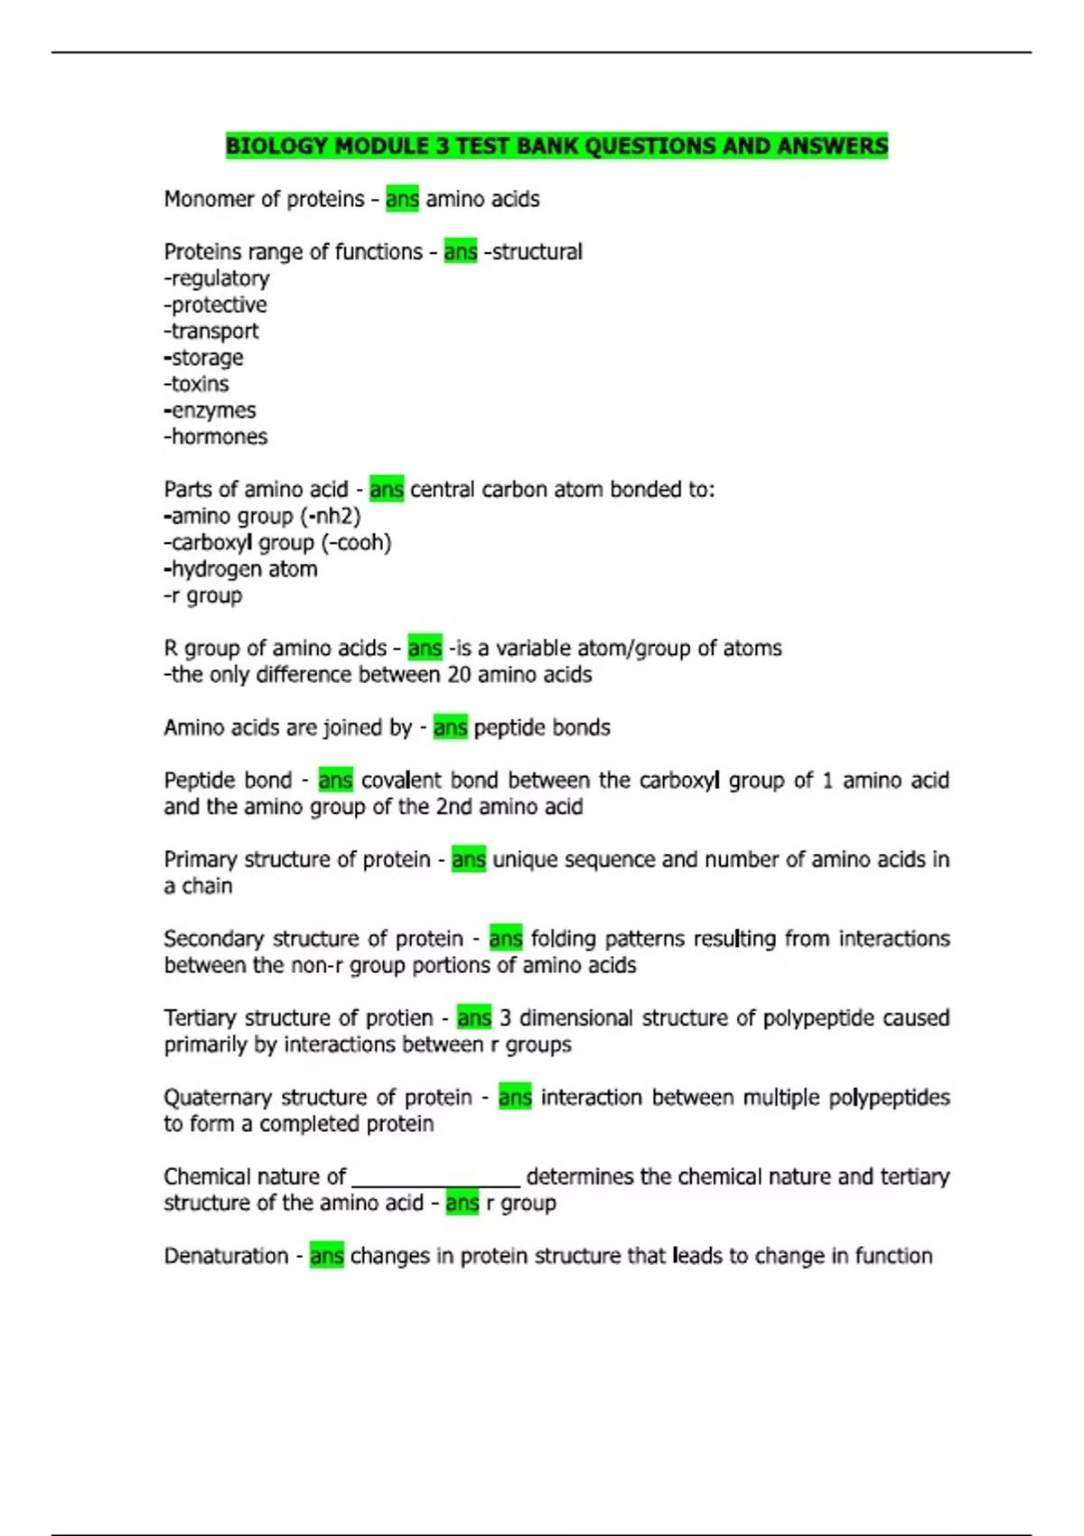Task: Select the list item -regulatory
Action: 217,278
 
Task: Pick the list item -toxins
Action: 196,384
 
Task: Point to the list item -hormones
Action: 216,437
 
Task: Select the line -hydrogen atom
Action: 240,569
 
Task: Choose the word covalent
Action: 401,781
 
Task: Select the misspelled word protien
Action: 398,1018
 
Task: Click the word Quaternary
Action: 218,1098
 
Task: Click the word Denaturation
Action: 226,1256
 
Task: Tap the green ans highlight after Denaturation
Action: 326,1256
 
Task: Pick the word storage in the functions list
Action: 207,358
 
